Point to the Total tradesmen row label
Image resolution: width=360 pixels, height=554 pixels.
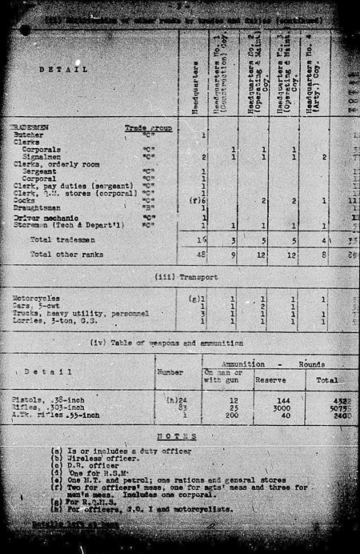point(61,240)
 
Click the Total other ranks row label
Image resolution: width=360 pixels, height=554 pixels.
point(63,254)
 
